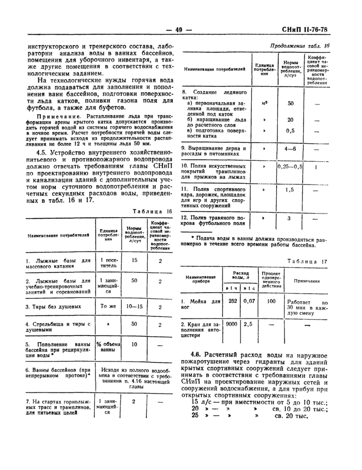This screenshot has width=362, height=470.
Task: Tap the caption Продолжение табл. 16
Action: (299, 46)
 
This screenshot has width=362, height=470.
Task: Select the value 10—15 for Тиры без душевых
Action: (134, 306)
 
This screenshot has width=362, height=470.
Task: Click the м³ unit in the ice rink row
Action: (264, 104)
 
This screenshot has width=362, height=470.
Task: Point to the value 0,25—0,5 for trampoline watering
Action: (289, 167)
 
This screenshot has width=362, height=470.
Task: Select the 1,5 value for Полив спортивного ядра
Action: (290, 190)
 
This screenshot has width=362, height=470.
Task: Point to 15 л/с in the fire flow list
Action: (200, 387)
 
